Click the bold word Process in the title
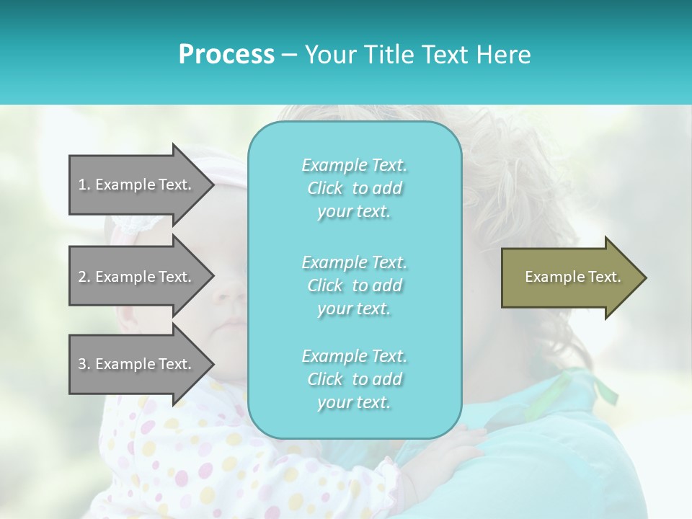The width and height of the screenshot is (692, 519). click(x=226, y=55)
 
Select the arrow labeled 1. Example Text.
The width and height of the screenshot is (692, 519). click(x=137, y=185)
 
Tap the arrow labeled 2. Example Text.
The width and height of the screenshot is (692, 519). click(x=137, y=277)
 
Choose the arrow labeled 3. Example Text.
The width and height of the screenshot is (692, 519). click(x=137, y=364)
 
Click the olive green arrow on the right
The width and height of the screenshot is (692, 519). click(x=569, y=278)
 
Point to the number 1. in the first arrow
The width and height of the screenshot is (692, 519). click(x=84, y=185)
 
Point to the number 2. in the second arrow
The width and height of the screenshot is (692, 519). click(x=84, y=277)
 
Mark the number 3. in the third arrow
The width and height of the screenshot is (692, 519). click(x=84, y=364)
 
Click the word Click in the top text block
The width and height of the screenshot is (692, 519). click(x=325, y=189)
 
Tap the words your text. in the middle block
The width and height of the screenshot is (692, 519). click(x=354, y=309)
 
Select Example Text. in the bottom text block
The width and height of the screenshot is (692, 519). click(x=354, y=356)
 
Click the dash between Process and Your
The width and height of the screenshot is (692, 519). click(x=289, y=55)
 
